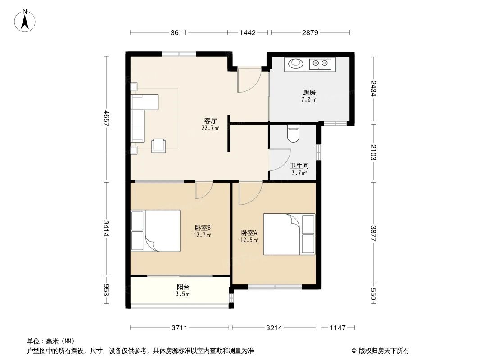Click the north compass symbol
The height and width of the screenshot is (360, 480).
click(26, 21)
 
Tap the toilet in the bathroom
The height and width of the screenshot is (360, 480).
click(293, 134)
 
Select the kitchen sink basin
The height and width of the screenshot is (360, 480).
click(296, 64)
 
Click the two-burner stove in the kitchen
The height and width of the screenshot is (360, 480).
click(321, 64)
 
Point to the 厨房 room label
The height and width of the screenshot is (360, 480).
click(309, 93)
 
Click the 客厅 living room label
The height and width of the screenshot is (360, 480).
click(210, 121)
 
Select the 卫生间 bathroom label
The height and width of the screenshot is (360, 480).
click(299, 166)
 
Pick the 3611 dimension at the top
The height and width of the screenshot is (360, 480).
click(179, 32)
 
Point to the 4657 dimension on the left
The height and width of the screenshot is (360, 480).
click(106, 119)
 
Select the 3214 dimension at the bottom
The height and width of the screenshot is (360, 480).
click(274, 328)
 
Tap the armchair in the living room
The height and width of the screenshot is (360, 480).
click(158, 145)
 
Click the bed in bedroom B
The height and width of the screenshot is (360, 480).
click(156, 230)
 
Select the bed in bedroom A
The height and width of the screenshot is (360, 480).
click(289, 234)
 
